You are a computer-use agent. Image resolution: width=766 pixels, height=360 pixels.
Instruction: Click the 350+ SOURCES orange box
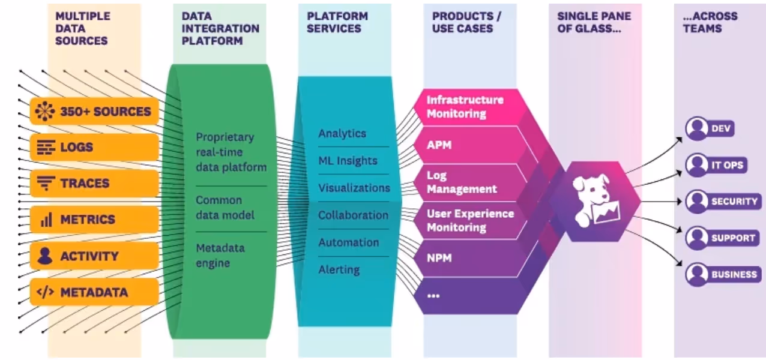(94, 111)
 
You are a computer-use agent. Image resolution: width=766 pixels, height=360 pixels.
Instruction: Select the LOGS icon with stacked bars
(46, 148)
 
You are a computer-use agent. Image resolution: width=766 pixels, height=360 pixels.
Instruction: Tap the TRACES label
(85, 183)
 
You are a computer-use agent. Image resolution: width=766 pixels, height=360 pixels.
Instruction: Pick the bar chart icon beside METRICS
(46, 220)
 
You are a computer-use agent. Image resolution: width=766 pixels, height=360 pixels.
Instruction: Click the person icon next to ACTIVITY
(45, 256)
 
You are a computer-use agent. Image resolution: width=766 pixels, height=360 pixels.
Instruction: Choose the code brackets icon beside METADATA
(45, 292)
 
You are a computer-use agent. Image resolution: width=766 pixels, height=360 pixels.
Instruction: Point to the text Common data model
(225, 208)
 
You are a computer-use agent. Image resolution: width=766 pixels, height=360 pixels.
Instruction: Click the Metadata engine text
(220, 256)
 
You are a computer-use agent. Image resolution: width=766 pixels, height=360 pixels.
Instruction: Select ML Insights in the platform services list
(348, 161)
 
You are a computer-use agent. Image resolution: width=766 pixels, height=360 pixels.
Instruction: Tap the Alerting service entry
(339, 270)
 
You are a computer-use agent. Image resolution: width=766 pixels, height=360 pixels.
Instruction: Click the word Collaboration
(353, 215)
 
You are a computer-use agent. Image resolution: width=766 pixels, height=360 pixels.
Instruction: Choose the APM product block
(472, 145)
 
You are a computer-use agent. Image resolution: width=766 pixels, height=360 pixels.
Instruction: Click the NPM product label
(439, 258)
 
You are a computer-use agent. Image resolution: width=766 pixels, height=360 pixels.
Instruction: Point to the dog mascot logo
(596, 201)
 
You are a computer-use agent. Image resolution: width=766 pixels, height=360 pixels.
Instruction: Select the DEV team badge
(710, 128)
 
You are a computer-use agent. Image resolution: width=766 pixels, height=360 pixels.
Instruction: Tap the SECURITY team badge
(723, 202)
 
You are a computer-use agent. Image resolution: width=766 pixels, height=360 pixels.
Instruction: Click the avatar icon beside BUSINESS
(696, 274)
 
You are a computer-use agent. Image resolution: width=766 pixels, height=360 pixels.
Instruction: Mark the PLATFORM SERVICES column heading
(337, 22)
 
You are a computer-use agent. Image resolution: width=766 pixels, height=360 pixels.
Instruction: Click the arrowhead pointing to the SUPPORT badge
(679, 230)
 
